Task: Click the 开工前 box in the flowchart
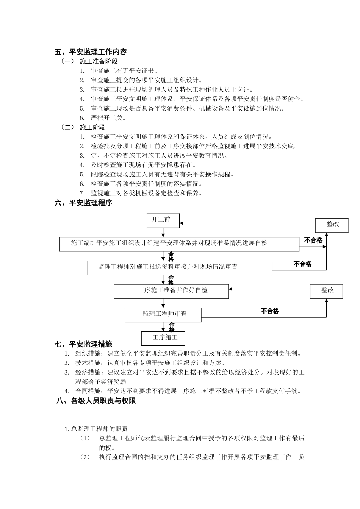coord(163,220)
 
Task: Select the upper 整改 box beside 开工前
coord(332,225)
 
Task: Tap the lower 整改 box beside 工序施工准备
coord(327,291)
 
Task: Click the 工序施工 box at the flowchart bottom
coord(163,338)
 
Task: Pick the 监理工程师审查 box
coord(163,314)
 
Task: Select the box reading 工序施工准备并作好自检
coord(171,291)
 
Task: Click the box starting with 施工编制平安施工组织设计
coord(179,244)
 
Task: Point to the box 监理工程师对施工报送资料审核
coord(179,267)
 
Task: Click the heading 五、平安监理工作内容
coord(91,52)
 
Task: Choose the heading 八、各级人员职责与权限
coord(96,401)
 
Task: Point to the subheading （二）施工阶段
coord(83,127)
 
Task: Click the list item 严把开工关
coord(108,118)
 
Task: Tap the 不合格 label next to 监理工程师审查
coord(270,311)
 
